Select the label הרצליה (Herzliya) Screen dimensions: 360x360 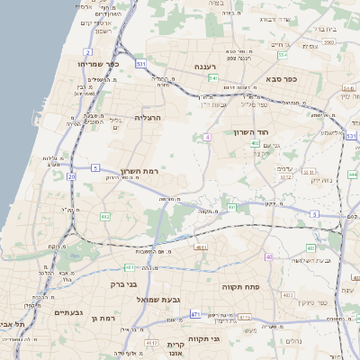(x=146, y=118)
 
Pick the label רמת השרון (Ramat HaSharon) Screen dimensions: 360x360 (x=139, y=170)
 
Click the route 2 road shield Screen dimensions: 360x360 (x=87, y=53)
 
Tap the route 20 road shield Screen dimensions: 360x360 (x=71, y=177)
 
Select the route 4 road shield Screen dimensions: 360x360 (x=207, y=137)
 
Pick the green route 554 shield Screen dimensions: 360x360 (x=281, y=56)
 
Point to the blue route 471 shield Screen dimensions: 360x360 (x=195, y=314)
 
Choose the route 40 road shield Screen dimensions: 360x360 (x=268, y=257)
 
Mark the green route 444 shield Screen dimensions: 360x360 (x=353, y=174)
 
